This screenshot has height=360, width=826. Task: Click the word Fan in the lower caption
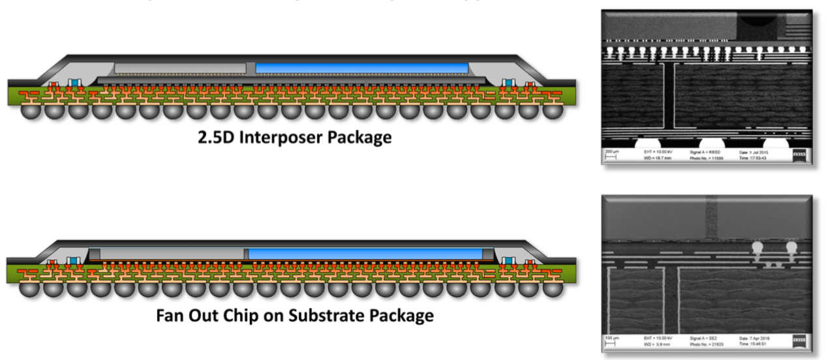[x=172, y=316]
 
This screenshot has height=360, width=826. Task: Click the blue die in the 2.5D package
[x=361, y=68]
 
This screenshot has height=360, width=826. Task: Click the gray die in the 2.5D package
[x=180, y=68]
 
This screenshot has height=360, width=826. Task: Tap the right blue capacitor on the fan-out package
[x=507, y=262]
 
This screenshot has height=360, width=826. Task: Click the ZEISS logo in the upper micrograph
[x=799, y=155]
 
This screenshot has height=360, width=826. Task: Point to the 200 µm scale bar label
[x=610, y=151]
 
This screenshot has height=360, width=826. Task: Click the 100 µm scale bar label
[x=610, y=338]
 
